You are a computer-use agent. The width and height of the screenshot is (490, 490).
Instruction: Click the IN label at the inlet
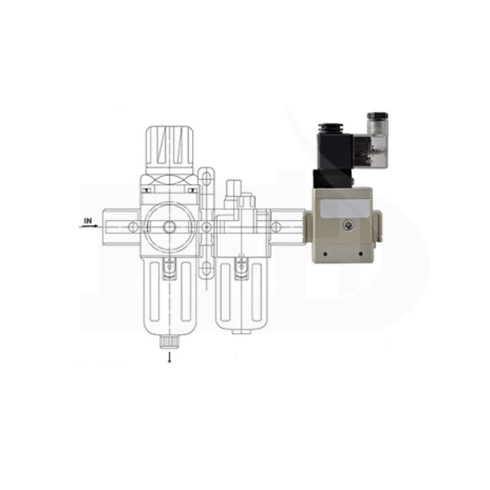tap(88, 221)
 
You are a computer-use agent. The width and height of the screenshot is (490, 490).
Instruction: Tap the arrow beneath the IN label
tap(88, 226)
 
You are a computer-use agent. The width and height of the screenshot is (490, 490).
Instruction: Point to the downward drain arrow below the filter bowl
tap(170, 357)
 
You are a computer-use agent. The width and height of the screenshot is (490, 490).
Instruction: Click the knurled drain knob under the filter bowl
tap(170, 342)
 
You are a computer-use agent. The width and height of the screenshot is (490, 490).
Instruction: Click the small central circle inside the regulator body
tap(170, 227)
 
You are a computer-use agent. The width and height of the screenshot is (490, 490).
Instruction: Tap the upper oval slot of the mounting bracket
tap(206, 179)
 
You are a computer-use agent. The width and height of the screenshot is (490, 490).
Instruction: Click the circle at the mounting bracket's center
tap(206, 227)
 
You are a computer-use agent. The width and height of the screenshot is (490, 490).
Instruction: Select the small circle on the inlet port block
tap(133, 227)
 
